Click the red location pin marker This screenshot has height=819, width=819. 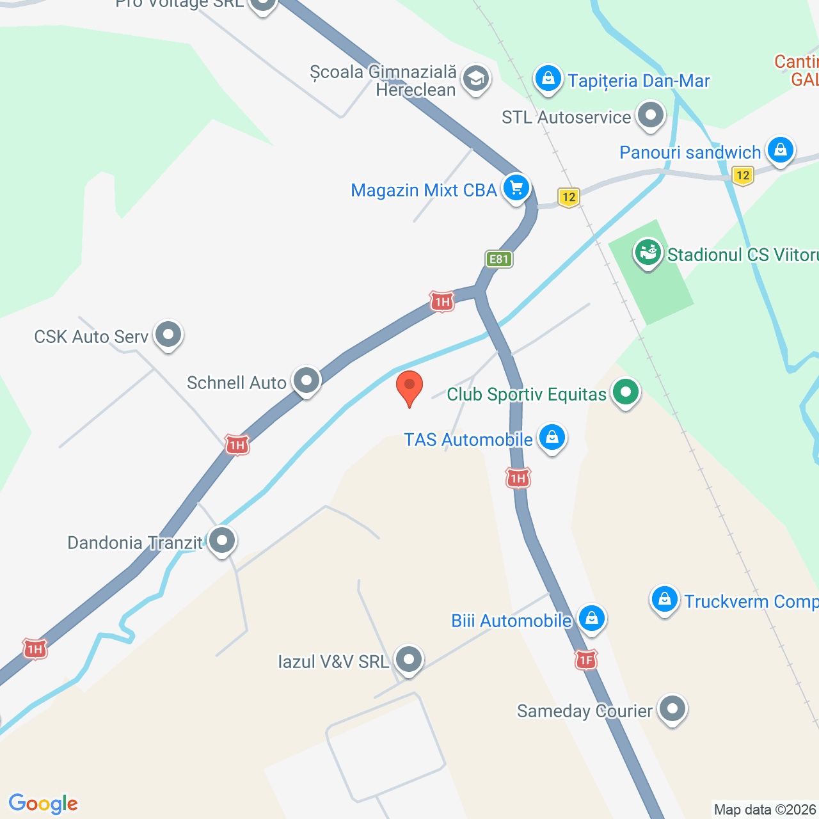coord(409,387)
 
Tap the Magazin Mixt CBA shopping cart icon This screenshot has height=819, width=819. coord(516,188)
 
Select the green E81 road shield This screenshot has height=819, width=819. coord(498,259)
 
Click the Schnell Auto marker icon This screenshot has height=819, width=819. coord(306,381)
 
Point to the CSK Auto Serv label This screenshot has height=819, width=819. coord(91,337)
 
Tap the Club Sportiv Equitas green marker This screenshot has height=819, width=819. coord(625,392)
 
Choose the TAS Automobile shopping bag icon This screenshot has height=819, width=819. coord(551,438)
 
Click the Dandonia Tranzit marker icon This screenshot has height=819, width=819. coord(222,541)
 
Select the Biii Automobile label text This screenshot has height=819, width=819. coord(511,621)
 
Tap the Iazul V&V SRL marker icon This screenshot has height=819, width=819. coord(408,659)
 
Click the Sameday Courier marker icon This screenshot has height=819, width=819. coord(672,709)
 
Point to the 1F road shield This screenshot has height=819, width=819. coord(586,660)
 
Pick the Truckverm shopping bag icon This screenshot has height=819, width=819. coord(665,600)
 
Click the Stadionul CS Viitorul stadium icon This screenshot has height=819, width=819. coord(648,253)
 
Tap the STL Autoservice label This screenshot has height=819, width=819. coord(566,117)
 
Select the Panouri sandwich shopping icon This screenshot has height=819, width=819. coord(780,150)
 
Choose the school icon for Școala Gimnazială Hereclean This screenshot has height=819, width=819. coord(475,79)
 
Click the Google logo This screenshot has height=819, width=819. coord(44,804)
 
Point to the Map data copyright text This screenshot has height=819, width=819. coord(765,809)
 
